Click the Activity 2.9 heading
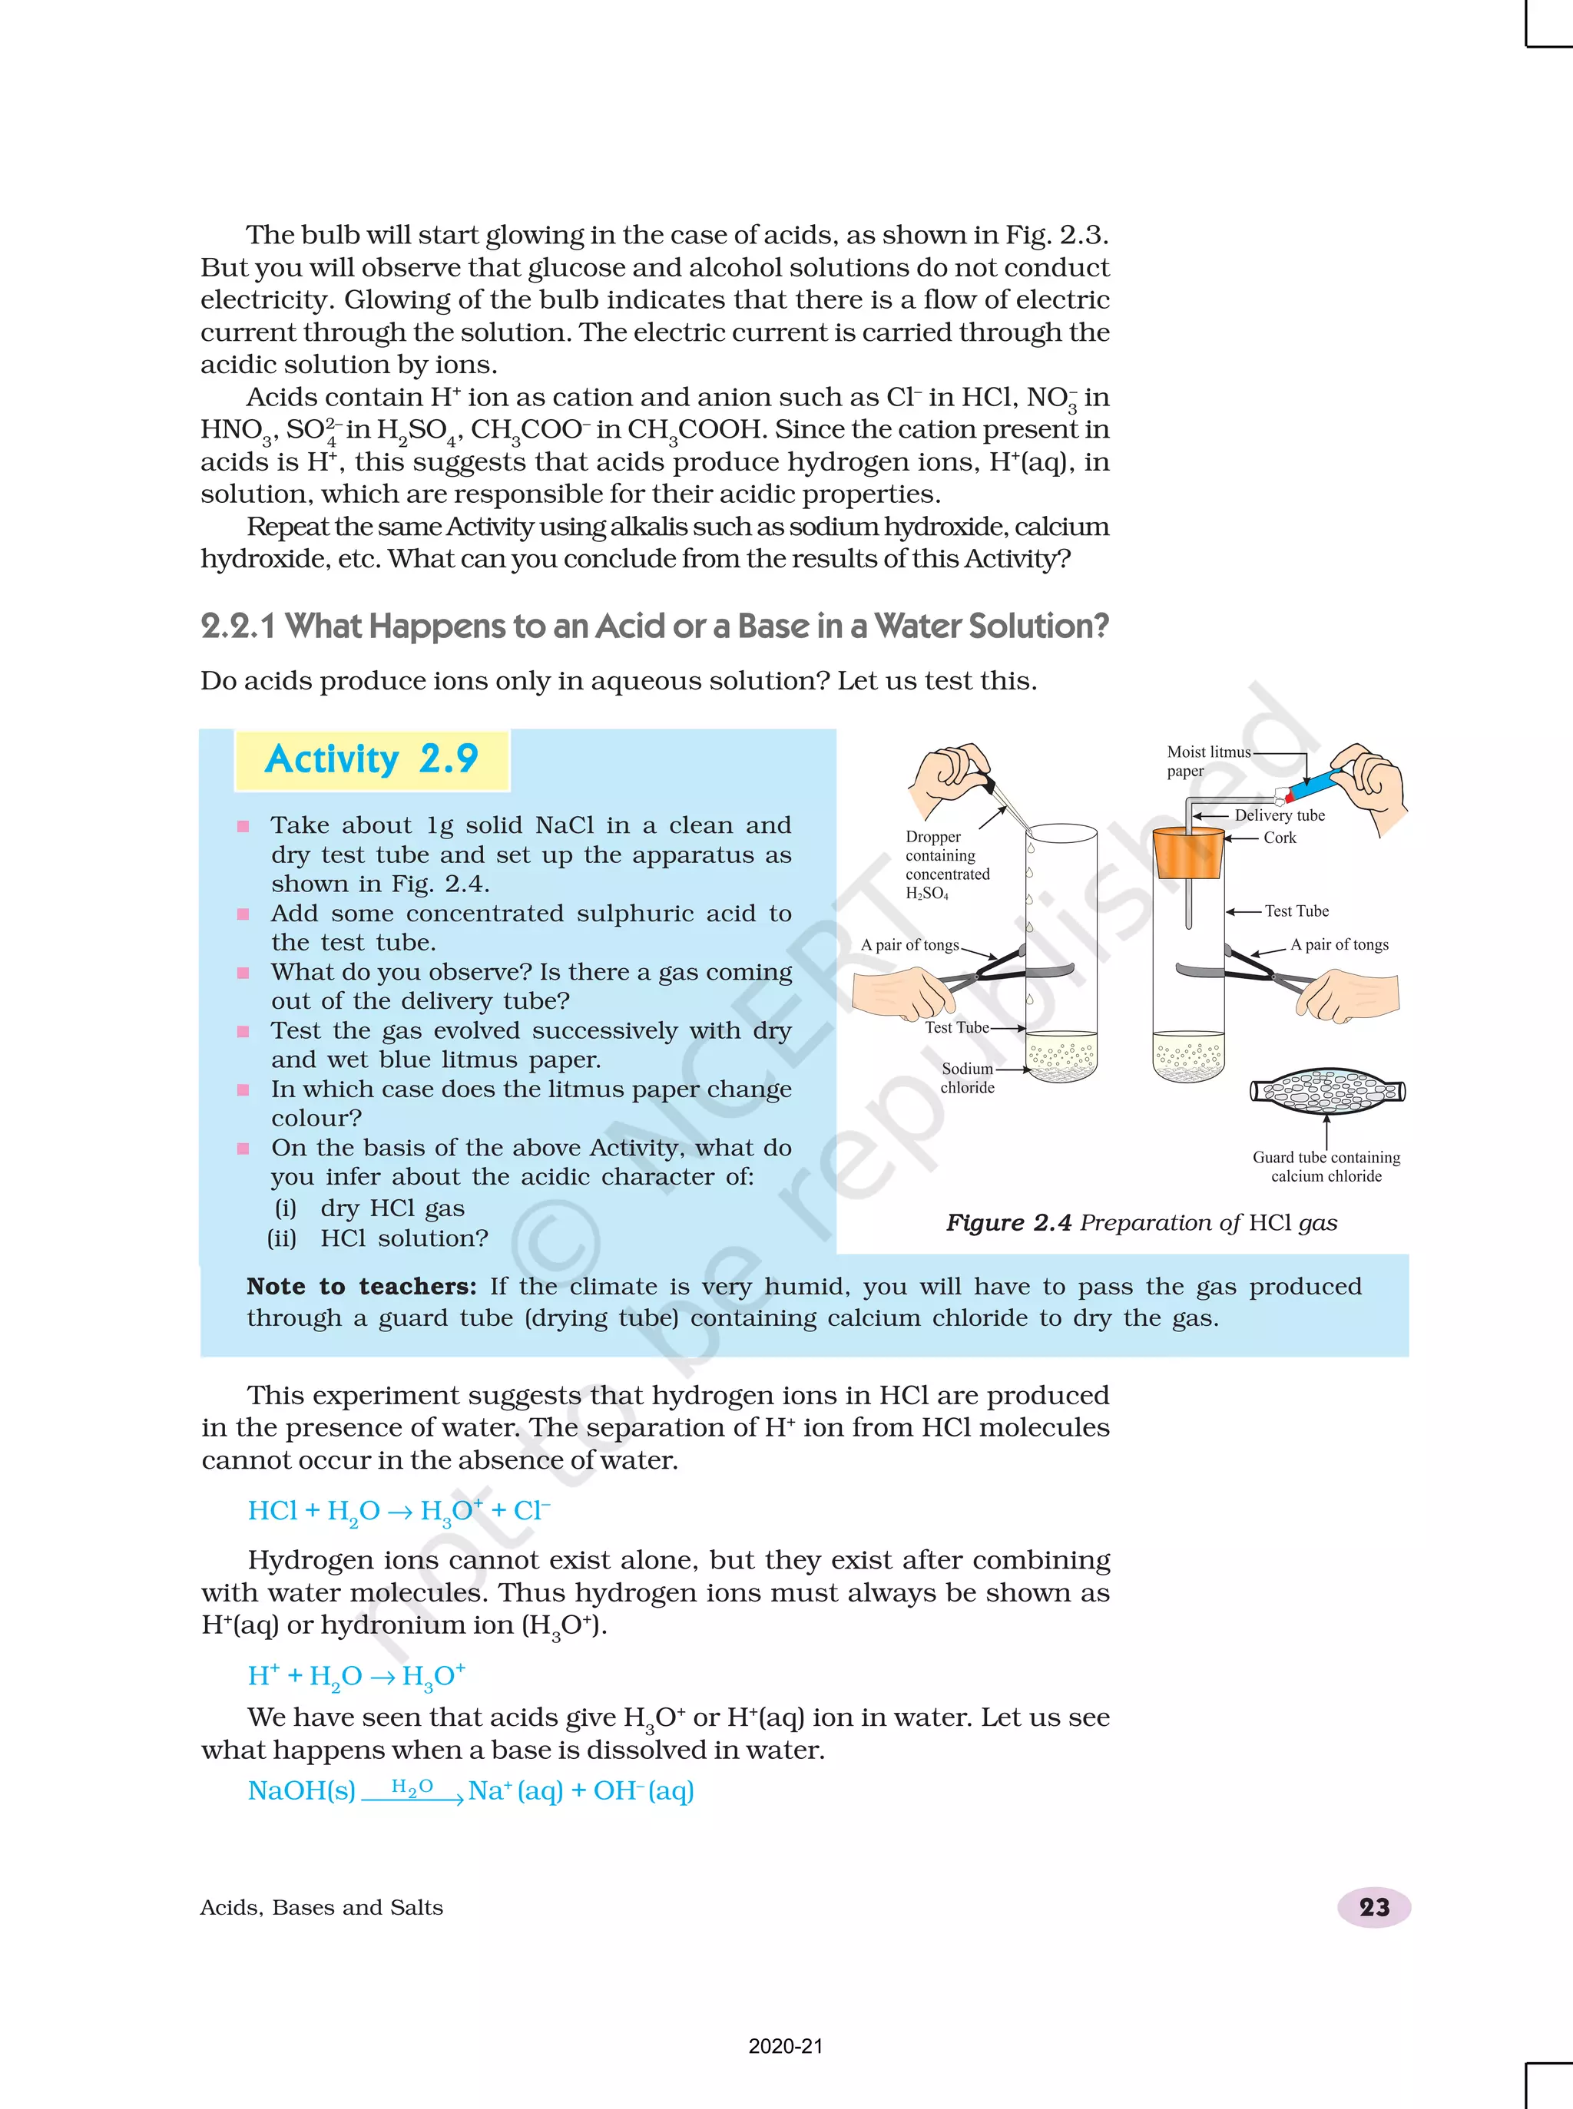(371, 759)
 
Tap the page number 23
(1373, 1906)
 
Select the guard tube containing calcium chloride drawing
(1327, 1091)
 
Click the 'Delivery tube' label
(1279, 815)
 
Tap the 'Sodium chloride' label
(968, 1078)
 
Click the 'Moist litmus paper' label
(1207, 760)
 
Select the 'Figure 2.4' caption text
(1141, 1222)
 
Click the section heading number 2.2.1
(237, 626)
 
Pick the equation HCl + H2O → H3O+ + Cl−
(398, 1512)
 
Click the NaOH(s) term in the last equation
(301, 1791)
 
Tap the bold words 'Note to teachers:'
(361, 1287)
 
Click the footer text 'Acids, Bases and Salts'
(322, 1907)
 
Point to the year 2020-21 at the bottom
(786, 2045)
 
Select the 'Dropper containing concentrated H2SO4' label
(946, 864)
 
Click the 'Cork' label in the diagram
(1279, 838)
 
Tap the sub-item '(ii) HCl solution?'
(379, 1238)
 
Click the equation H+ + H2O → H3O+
(356, 1676)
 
